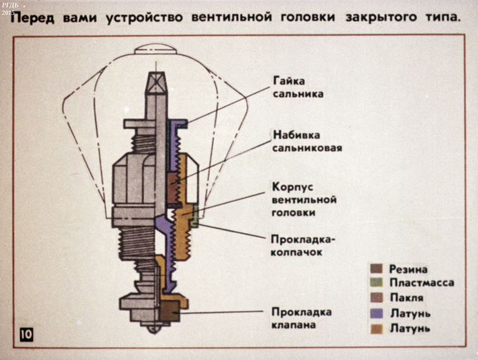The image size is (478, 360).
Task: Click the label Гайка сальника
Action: coord(294,88)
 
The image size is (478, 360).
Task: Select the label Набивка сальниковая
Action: coord(307,141)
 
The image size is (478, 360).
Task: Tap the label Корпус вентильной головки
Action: coord(304,199)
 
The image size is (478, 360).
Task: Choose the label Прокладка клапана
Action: coord(301,318)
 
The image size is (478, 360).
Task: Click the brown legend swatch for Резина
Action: coord(376,269)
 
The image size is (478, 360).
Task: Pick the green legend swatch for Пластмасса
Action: coord(376,283)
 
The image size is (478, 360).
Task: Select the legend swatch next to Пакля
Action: coord(376,298)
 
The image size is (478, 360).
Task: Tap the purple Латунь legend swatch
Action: coord(376,313)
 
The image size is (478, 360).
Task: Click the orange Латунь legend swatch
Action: coord(376,328)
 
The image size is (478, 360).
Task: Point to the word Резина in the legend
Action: coord(408,269)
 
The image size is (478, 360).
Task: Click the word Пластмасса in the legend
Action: coord(422,283)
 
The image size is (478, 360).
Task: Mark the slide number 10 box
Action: coord(26,335)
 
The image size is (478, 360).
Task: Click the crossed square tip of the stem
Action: coord(156,81)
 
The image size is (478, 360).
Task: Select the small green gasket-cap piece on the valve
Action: coord(195,216)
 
